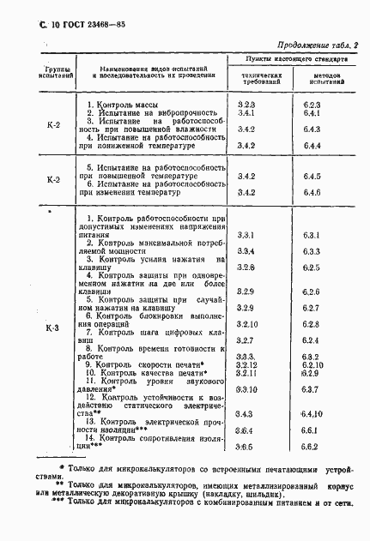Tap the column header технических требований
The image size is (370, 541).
[256, 81]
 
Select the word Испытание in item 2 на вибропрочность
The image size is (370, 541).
[125, 113]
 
